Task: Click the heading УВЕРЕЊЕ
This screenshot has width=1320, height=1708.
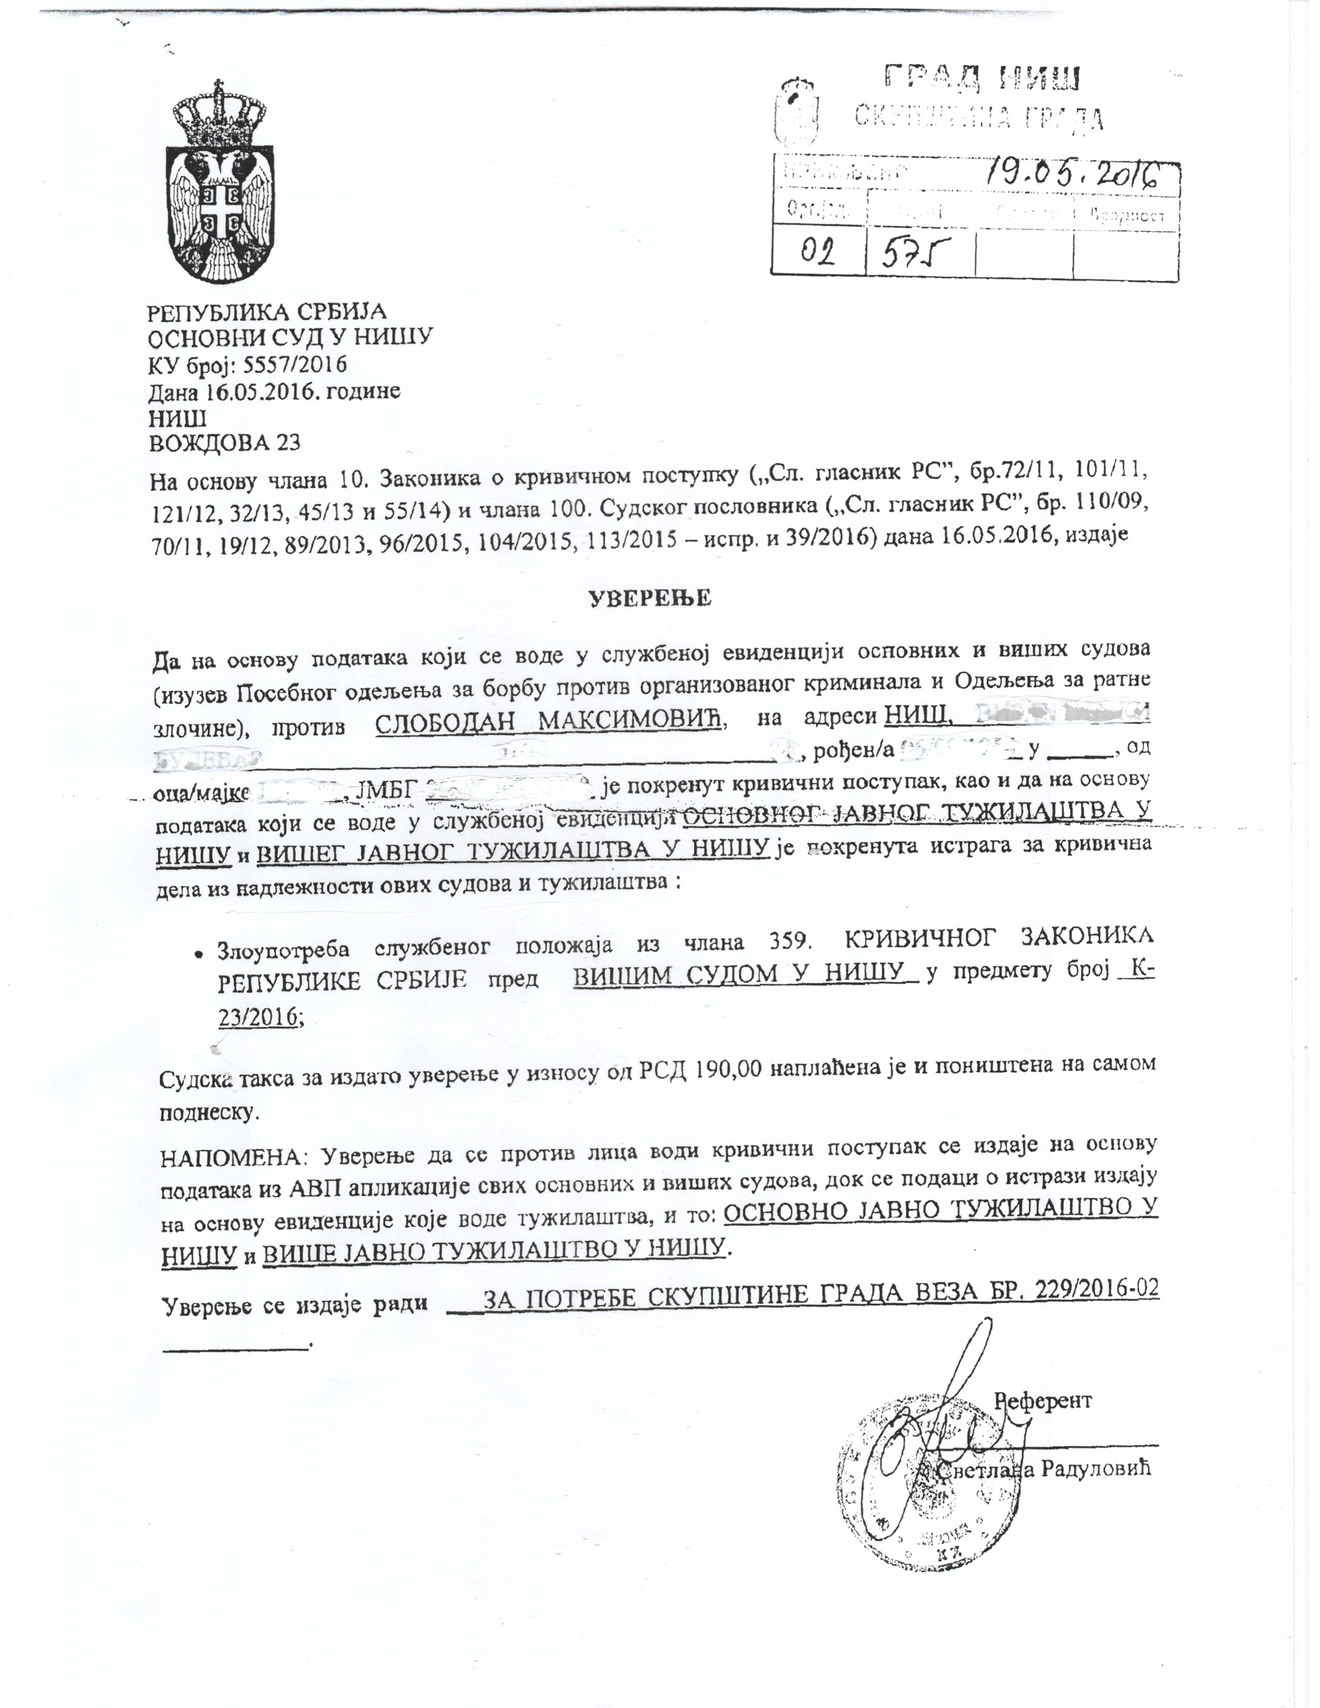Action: pos(649,598)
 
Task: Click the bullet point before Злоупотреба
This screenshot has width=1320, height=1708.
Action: pos(201,955)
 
